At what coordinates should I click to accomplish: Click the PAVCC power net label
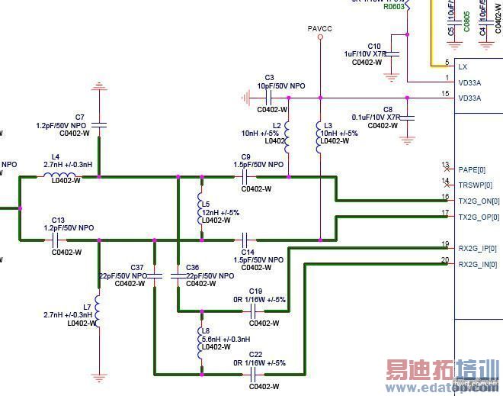coord(320,28)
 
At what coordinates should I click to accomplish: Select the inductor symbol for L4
coord(59,176)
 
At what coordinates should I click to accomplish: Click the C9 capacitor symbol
coord(245,176)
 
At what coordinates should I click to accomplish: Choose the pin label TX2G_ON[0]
coord(477,201)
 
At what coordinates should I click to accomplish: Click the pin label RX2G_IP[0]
coord(477,248)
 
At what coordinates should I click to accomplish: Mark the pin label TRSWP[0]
coord(476,185)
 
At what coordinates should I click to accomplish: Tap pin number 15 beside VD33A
coord(446,94)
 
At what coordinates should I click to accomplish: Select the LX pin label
coord(463,67)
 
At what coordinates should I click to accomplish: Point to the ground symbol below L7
coord(98,375)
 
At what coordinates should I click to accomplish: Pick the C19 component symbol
coord(251,311)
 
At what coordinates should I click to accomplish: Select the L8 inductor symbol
coord(202,329)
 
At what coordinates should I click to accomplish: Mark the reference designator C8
coord(388,109)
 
